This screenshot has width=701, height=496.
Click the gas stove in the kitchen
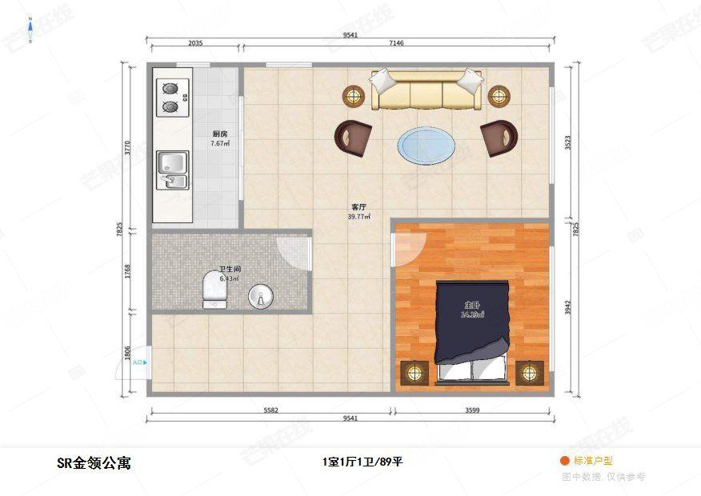tap(170, 97)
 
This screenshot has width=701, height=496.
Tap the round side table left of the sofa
tap(354, 97)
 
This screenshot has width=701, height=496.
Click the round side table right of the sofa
tap(499, 97)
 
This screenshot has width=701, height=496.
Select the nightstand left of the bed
tap(414, 373)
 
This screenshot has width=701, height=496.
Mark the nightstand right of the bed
tap(529, 373)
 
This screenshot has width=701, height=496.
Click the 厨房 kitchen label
tap(220, 134)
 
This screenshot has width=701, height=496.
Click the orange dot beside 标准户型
tap(564, 461)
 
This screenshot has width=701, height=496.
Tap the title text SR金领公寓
tap(94, 462)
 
